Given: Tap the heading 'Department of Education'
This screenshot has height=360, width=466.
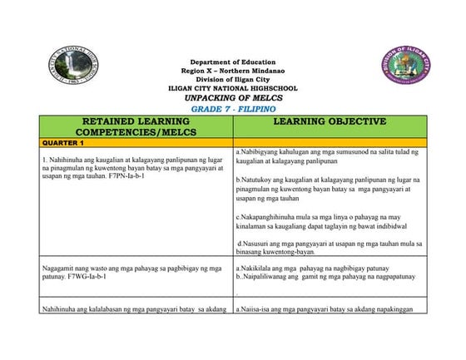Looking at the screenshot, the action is point(234,63).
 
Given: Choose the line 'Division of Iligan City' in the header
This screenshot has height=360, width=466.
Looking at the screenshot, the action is point(234,80).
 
